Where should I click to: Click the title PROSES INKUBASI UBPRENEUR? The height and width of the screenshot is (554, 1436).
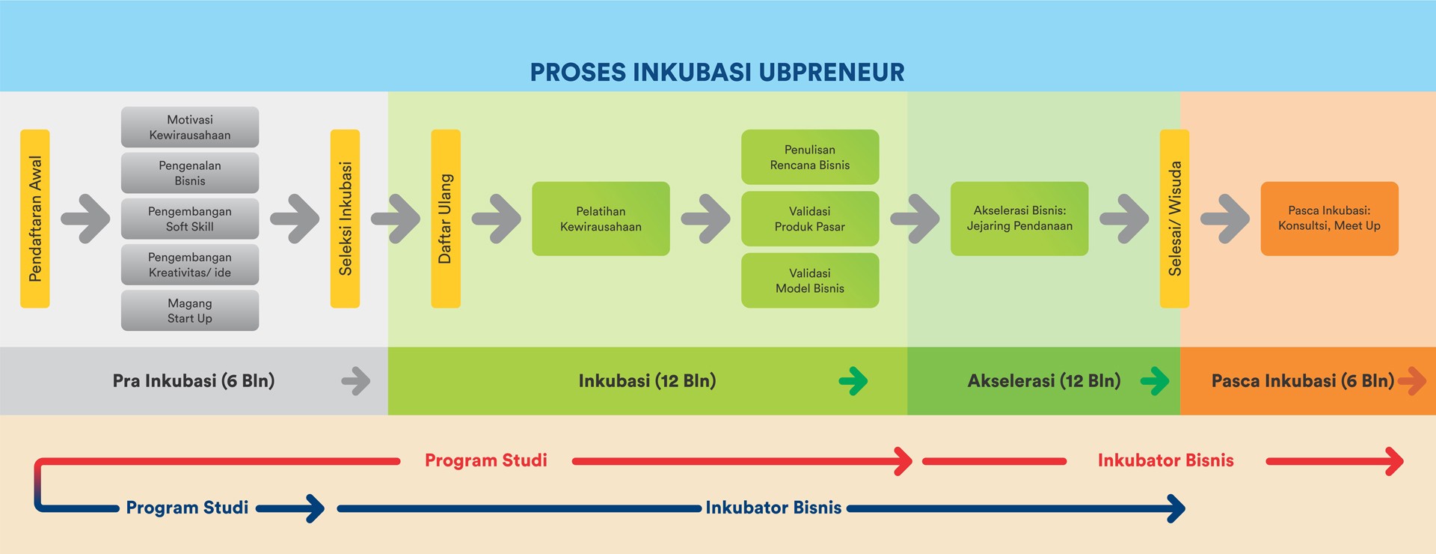pyautogui.click(x=717, y=72)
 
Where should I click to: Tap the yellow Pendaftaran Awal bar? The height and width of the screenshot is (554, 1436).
pyautogui.click(x=35, y=219)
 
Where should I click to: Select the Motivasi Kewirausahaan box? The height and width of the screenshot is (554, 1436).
pyautogui.click(x=190, y=127)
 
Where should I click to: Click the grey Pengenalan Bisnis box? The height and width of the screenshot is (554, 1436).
pyautogui.click(x=190, y=173)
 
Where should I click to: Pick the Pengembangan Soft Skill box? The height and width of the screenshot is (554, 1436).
pyautogui.click(x=190, y=219)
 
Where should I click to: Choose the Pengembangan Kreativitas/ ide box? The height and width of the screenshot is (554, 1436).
pyautogui.click(x=190, y=264)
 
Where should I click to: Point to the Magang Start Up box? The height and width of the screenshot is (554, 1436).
pyautogui.click(x=190, y=311)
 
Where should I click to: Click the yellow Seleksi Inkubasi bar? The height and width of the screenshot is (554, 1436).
pyautogui.click(x=345, y=219)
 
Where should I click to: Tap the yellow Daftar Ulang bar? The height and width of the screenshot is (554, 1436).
pyautogui.click(x=446, y=219)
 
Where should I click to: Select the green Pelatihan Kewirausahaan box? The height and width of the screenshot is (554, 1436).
pyautogui.click(x=601, y=219)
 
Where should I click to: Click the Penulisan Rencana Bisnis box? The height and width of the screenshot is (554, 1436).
pyautogui.click(x=810, y=157)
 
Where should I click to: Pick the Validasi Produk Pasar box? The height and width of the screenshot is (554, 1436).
pyautogui.click(x=810, y=219)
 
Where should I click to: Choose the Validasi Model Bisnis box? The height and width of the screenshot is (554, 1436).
pyautogui.click(x=810, y=281)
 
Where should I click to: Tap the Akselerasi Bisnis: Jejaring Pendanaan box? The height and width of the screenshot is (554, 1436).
pyautogui.click(x=1019, y=219)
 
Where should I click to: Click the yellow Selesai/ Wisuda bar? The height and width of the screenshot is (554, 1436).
pyautogui.click(x=1174, y=219)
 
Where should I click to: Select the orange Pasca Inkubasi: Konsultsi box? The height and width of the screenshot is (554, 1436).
pyautogui.click(x=1330, y=219)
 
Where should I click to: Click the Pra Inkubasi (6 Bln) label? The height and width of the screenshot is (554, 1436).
pyautogui.click(x=194, y=381)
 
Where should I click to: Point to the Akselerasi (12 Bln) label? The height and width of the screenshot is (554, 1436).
pyautogui.click(x=1044, y=381)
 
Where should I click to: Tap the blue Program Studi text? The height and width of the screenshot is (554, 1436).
pyautogui.click(x=187, y=508)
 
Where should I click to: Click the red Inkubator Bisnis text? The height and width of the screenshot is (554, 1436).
pyautogui.click(x=1165, y=460)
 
